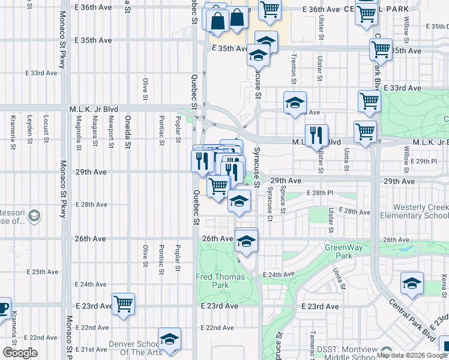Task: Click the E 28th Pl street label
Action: point(319,193)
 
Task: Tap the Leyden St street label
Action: point(29,128)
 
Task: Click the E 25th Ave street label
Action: point(41,272)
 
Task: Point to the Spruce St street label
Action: point(283,202)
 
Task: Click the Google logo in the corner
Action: point(20,353)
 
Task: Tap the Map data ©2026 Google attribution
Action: point(412,355)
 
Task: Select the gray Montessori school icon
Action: point(35,215)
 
